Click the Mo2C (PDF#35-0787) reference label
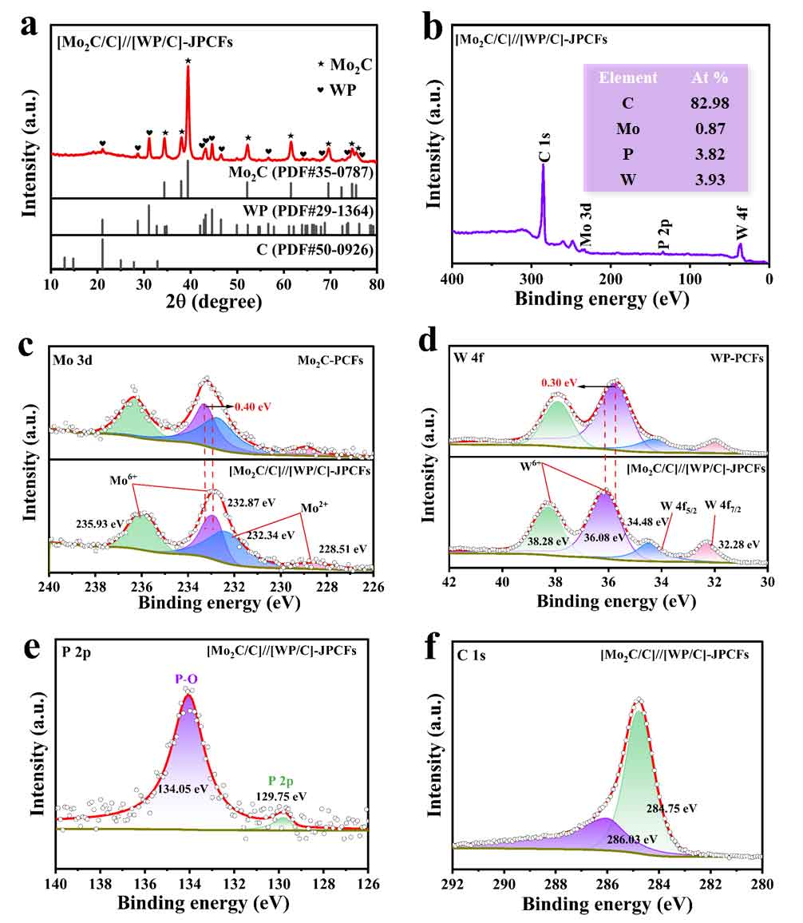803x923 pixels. (x=297, y=172)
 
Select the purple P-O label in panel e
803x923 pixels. (x=187, y=678)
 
